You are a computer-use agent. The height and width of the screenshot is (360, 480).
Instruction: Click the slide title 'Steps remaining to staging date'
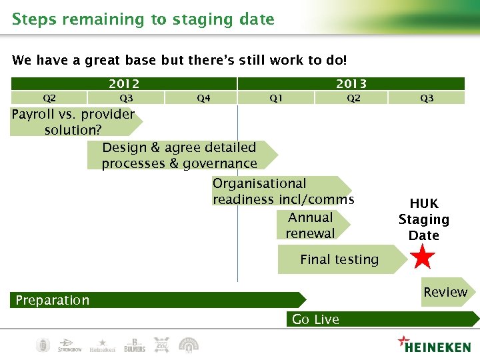(x=143, y=19)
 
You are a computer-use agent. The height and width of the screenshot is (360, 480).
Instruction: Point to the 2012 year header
(x=124, y=83)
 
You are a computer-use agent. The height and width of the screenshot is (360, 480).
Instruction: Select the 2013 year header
(x=351, y=83)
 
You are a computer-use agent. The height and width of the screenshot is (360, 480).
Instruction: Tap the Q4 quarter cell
(x=203, y=98)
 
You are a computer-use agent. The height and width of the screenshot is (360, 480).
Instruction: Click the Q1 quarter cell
(x=275, y=98)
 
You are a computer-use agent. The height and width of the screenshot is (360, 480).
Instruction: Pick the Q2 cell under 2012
(x=49, y=98)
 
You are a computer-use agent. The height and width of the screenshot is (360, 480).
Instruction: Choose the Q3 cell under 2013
(x=427, y=98)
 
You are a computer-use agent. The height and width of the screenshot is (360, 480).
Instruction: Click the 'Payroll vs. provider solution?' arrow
(x=73, y=122)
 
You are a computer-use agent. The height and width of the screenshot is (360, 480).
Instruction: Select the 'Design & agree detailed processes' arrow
(x=179, y=155)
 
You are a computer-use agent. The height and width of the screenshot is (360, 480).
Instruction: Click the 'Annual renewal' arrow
(x=310, y=225)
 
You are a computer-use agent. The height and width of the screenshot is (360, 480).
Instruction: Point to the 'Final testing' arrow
(x=340, y=260)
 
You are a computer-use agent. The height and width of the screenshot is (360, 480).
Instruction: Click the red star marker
(x=423, y=257)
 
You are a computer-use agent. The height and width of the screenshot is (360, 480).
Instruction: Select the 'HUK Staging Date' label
(x=424, y=219)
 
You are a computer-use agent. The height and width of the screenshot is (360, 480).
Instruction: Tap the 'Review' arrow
(x=446, y=292)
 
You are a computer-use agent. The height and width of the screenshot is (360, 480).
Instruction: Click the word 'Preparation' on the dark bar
(x=53, y=300)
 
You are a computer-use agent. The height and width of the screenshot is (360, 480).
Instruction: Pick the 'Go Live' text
(x=315, y=319)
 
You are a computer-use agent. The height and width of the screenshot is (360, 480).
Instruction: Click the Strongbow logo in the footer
(x=69, y=345)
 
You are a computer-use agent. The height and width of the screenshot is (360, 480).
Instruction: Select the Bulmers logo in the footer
(x=134, y=345)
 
